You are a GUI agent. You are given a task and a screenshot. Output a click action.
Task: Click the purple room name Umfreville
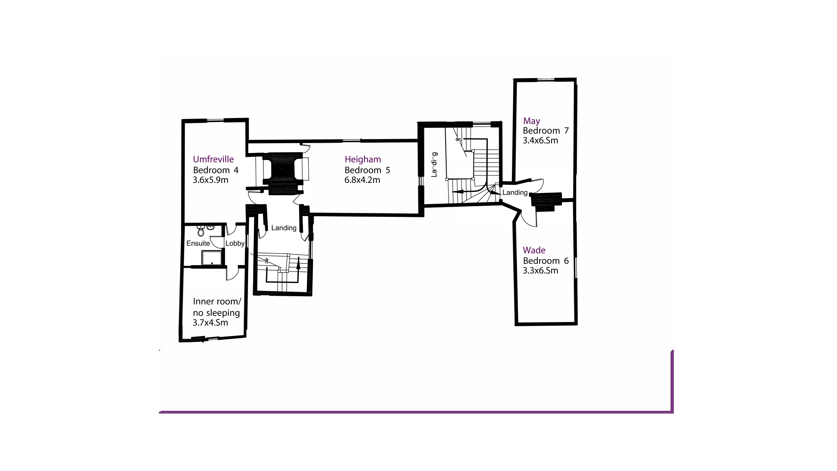click(213, 159)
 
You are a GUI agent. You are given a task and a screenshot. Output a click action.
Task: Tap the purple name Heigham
click(363, 159)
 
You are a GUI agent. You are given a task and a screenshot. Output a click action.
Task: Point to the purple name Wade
click(534, 250)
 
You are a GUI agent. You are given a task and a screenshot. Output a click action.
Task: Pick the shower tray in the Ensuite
click(212, 258)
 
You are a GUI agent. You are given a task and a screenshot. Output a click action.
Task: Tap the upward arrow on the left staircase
click(298, 262)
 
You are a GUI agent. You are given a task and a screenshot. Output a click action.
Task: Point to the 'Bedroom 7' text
click(546, 131)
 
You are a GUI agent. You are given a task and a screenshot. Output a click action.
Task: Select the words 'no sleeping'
click(216, 313)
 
